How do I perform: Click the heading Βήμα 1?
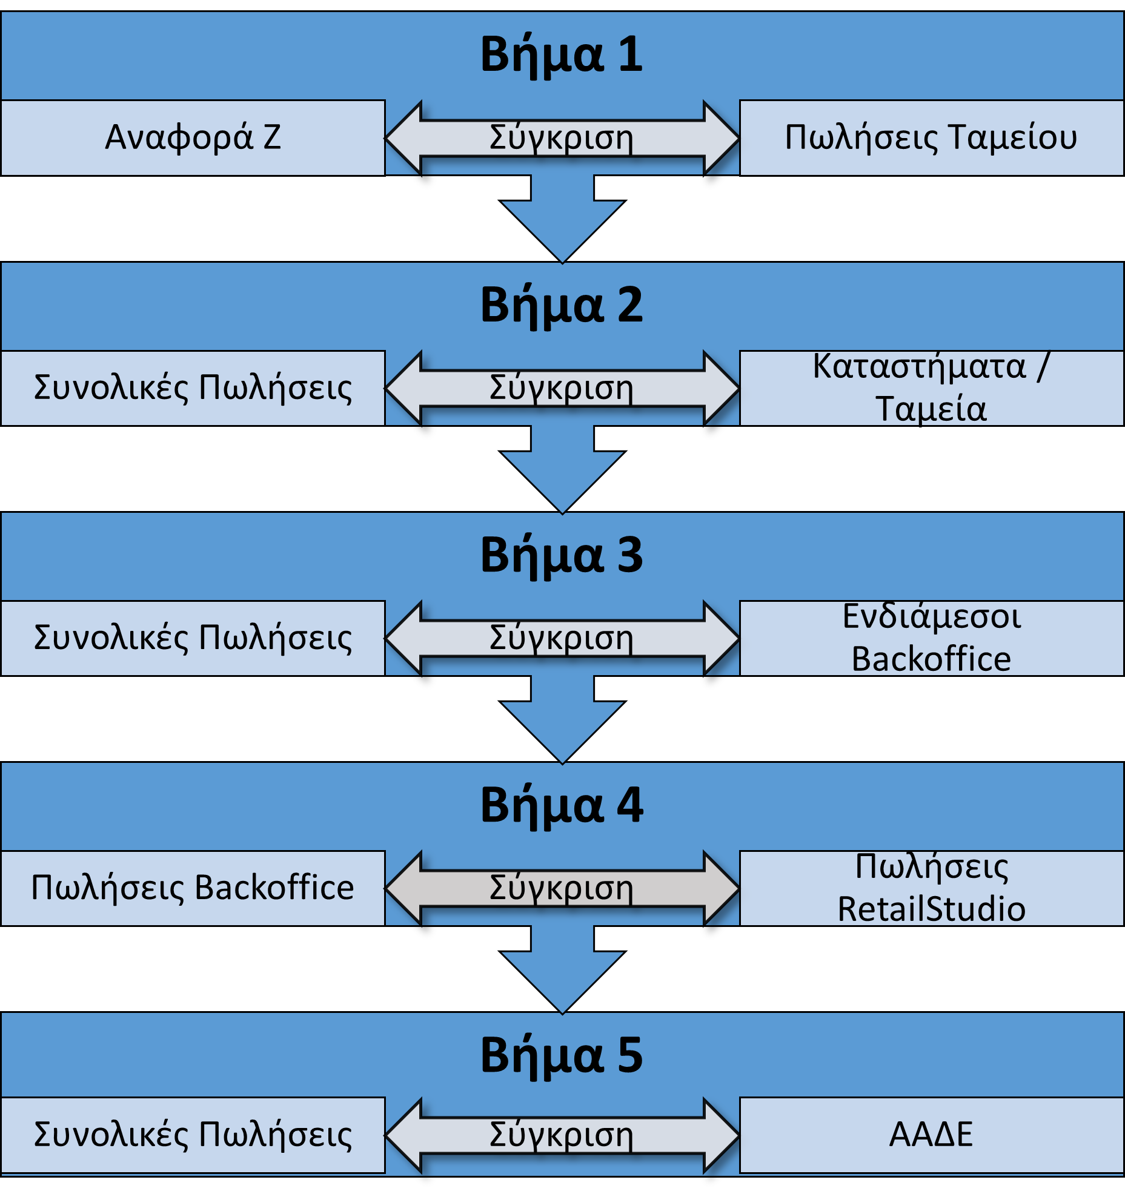[562, 55]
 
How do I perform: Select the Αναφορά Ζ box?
[193, 137]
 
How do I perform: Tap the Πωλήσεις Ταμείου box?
[931, 137]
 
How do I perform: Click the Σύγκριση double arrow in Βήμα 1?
[562, 138]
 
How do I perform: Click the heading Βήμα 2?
[562, 306]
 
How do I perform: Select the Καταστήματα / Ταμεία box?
[931, 387]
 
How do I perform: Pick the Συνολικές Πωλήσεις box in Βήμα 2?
[193, 387]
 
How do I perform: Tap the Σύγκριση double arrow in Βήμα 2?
[562, 388]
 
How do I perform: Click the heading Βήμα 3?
[562, 556]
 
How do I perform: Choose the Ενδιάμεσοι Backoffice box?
[931, 638]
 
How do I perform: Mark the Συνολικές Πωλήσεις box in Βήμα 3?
[193, 638]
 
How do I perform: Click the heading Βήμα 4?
[562, 806]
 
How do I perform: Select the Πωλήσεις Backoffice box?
[193, 888]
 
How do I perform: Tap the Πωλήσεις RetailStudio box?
[931, 888]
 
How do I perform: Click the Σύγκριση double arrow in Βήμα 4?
[562, 888]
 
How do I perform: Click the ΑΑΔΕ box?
[931, 1135]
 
